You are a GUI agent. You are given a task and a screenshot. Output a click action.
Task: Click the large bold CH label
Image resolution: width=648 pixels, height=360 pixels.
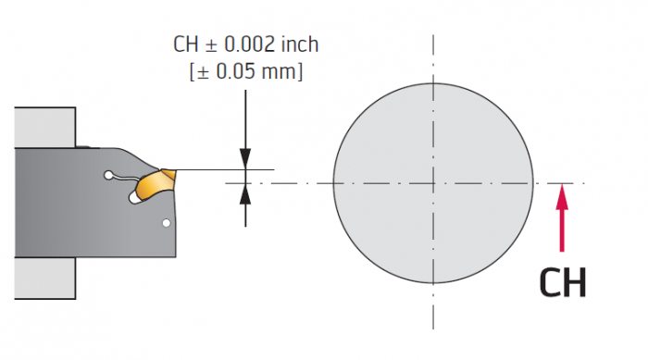pyautogui.click(x=563, y=282)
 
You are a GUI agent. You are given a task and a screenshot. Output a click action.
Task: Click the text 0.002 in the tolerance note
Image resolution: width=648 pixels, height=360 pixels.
pyautogui.click(x=250, y=44)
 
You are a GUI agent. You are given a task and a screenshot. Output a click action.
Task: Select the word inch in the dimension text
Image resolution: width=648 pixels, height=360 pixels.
pyautogui.click(x=300, y=44)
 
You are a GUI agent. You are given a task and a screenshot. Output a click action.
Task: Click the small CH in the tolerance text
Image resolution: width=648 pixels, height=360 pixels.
pyautogui.click(x=185, y=44)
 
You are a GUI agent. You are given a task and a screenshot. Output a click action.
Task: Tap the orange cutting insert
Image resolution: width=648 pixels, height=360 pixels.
pyautogui.click(x=156, y=183)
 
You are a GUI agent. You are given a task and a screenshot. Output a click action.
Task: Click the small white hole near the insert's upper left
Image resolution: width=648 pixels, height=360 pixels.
pyautogui.click(x=108, y=175)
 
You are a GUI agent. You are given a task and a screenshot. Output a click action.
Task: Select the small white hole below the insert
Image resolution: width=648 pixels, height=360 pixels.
pyautogui.click(x=166, y=223)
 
